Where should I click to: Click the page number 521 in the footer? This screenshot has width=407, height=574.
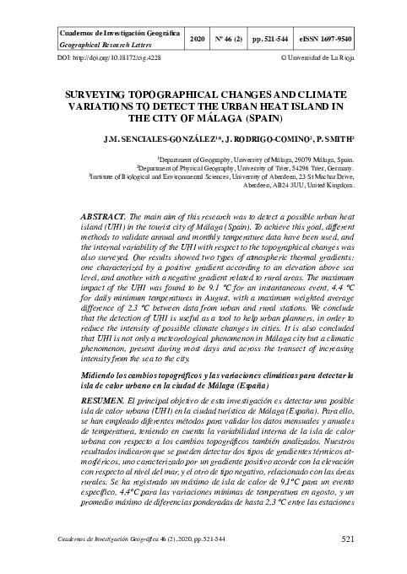347,537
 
